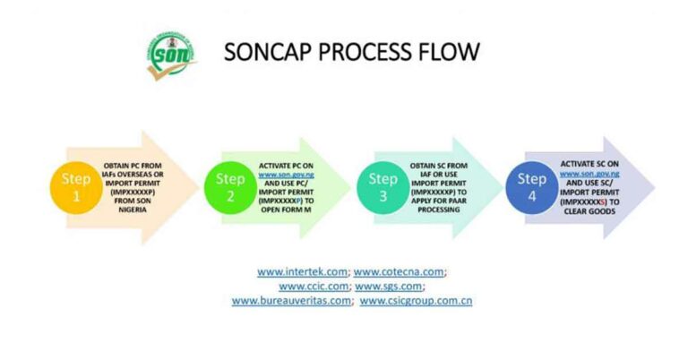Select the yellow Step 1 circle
pyautogui.click(x=75, y=188)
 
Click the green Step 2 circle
pyautogui.click(x=230, y=188)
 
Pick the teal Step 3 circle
pyautogui.click(x=383, y=188)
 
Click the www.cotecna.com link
pyautogui.click(x=400, y=270)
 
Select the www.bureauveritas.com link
pyautogui.click(x=292, y=301)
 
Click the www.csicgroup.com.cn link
pyautogui.click(x=416, y=301)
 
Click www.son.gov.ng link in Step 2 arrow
pyautogui.click(x=286, y=174)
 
